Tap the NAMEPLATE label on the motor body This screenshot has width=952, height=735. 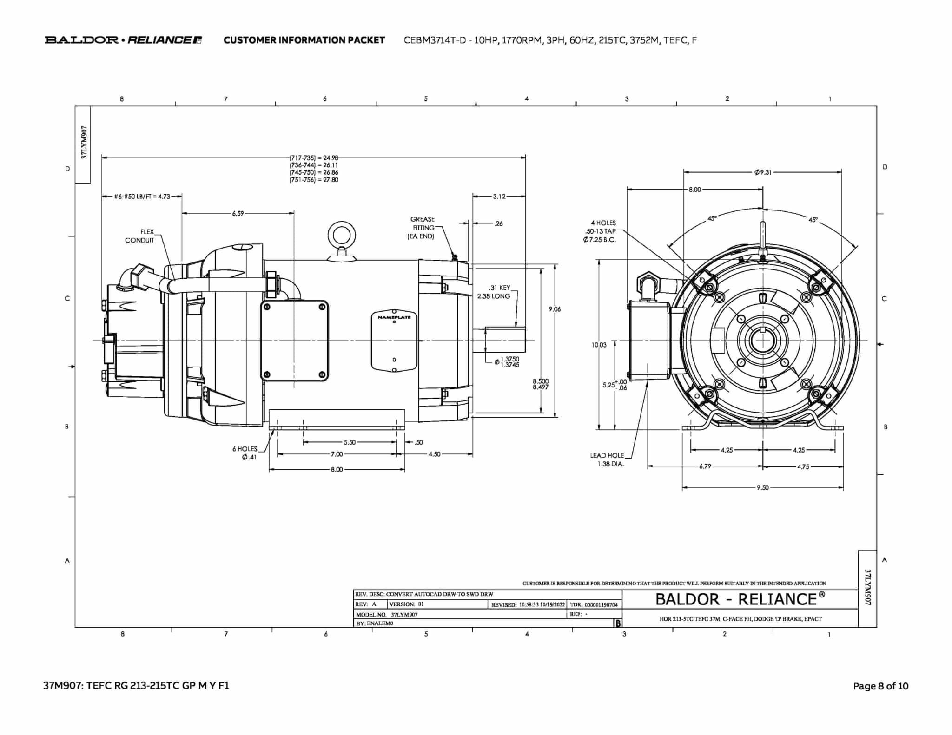(394, 317)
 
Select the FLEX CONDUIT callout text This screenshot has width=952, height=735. (140, 236)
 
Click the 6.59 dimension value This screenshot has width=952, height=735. (238, 213)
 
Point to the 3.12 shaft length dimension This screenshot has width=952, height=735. (499, 197)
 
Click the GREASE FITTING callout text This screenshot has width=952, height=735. (422, 228)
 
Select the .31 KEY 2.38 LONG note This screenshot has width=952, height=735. (495, 292)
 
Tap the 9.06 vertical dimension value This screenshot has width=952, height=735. (555, 309)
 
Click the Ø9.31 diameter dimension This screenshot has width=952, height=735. (763, 172)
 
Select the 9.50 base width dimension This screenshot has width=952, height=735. (762, 487)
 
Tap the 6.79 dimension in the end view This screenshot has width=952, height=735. (705, 466)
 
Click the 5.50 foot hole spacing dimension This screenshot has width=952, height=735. (350, 442)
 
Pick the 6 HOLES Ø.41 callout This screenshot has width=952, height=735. (245, 453)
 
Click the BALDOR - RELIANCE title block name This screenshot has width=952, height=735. (740, 599)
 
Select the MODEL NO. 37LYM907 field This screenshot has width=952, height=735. (387, 614)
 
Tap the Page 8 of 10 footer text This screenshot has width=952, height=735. (880, 686)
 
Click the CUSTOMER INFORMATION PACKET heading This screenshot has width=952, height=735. (304, 40)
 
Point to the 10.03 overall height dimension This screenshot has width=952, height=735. (599, 345)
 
